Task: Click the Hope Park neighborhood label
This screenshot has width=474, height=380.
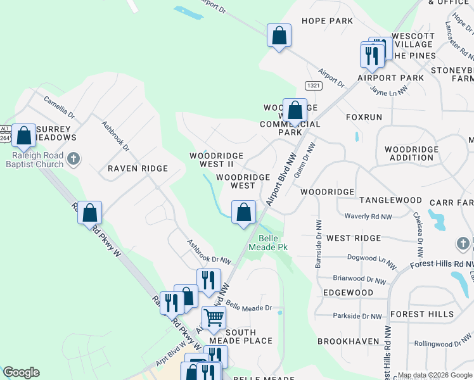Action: coord(327,21)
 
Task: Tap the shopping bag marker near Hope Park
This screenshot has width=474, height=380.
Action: coord(278,35)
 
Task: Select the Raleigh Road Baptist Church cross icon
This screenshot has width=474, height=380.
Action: coord(74,158)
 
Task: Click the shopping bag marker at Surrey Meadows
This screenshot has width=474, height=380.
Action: coord(23,136)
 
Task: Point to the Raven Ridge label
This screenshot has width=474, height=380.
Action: coord(138,168)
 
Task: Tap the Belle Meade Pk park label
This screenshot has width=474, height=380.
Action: coord(273,243)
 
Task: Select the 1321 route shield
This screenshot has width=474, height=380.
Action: coord(313,85)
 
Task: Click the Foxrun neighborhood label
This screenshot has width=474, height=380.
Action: coord(364,117)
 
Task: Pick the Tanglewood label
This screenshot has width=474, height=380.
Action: coord(390,200)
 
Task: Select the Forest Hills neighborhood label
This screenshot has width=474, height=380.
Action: coord(421,314)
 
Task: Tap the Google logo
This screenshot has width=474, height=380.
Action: coord(21,372)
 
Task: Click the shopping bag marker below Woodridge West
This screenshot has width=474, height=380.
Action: coord(243,213)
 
